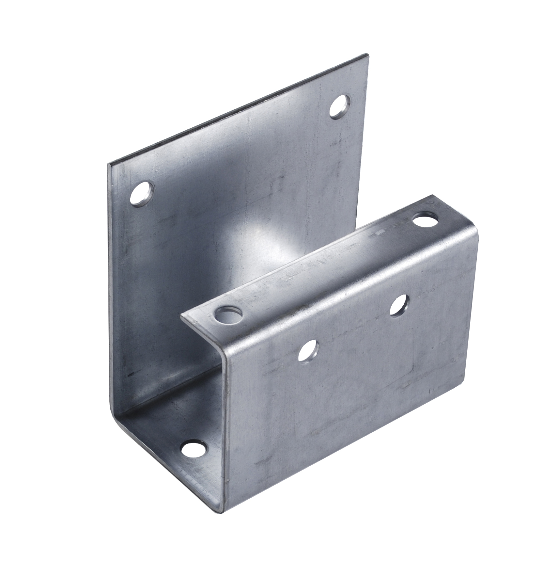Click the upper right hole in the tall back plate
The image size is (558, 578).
click(339, 106)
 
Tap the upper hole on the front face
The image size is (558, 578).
click(399, 305)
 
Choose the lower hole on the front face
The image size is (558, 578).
click(308, 350)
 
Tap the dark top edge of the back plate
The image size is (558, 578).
click(238, 110)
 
